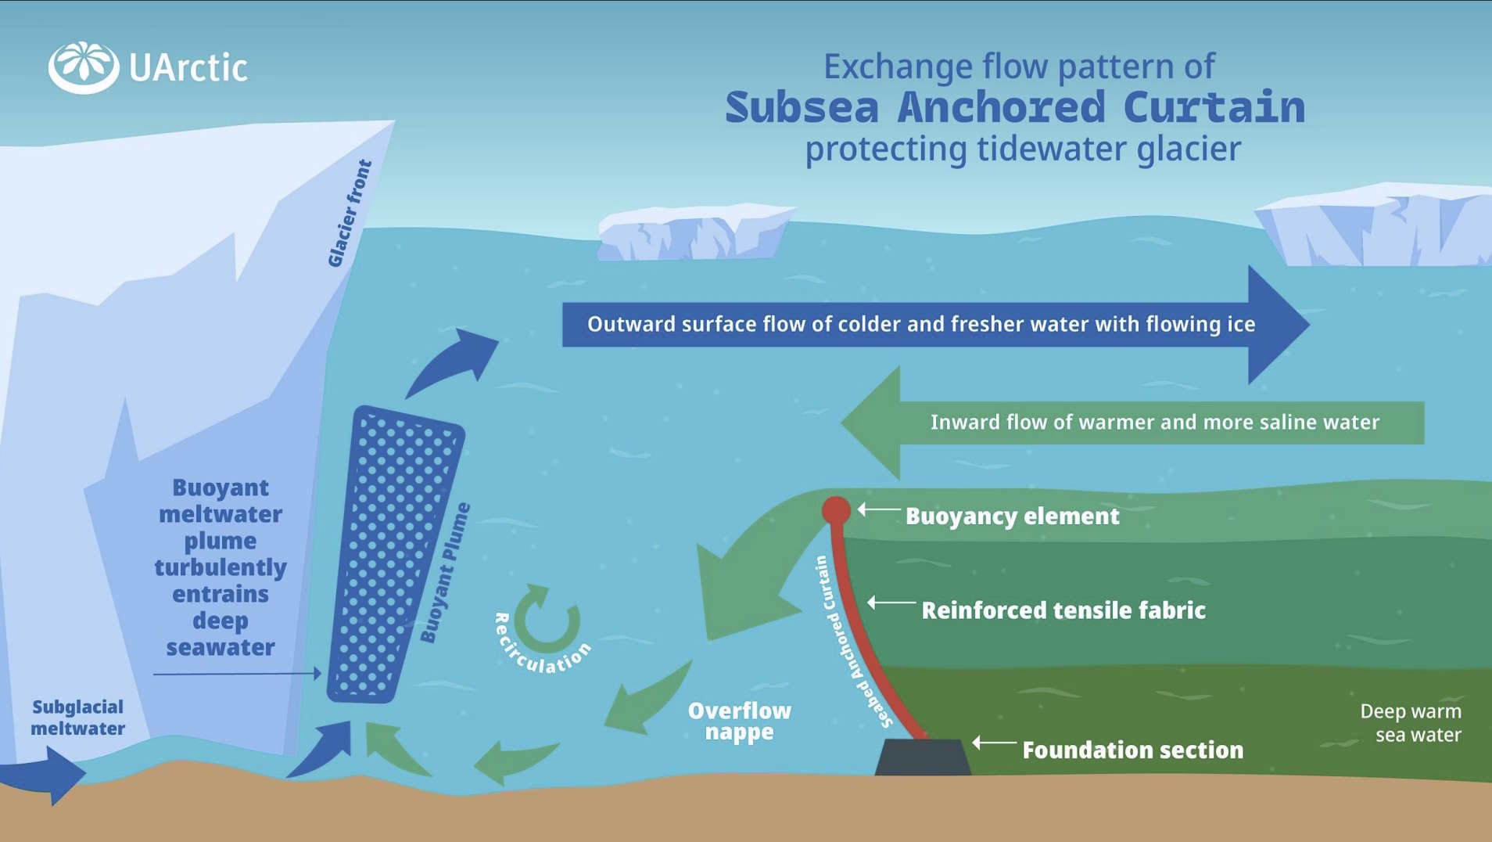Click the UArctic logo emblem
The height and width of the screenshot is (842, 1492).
click(x=83, y=67)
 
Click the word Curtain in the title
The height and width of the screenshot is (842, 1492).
click(x=1214, y=108)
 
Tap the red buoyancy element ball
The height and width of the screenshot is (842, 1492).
click(x=836, y=511)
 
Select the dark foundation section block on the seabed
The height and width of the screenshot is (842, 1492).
click(x=923, y=757)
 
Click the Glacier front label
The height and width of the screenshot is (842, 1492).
click(x=349, y=213)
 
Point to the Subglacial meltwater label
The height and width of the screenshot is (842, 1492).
click(x=77, y=718)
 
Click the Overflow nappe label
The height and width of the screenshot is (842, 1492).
click(x=739, y=721)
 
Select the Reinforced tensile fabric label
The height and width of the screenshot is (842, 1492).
click(x=1063, y=610)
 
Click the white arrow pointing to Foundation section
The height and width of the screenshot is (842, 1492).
click(x=993, y=742)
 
